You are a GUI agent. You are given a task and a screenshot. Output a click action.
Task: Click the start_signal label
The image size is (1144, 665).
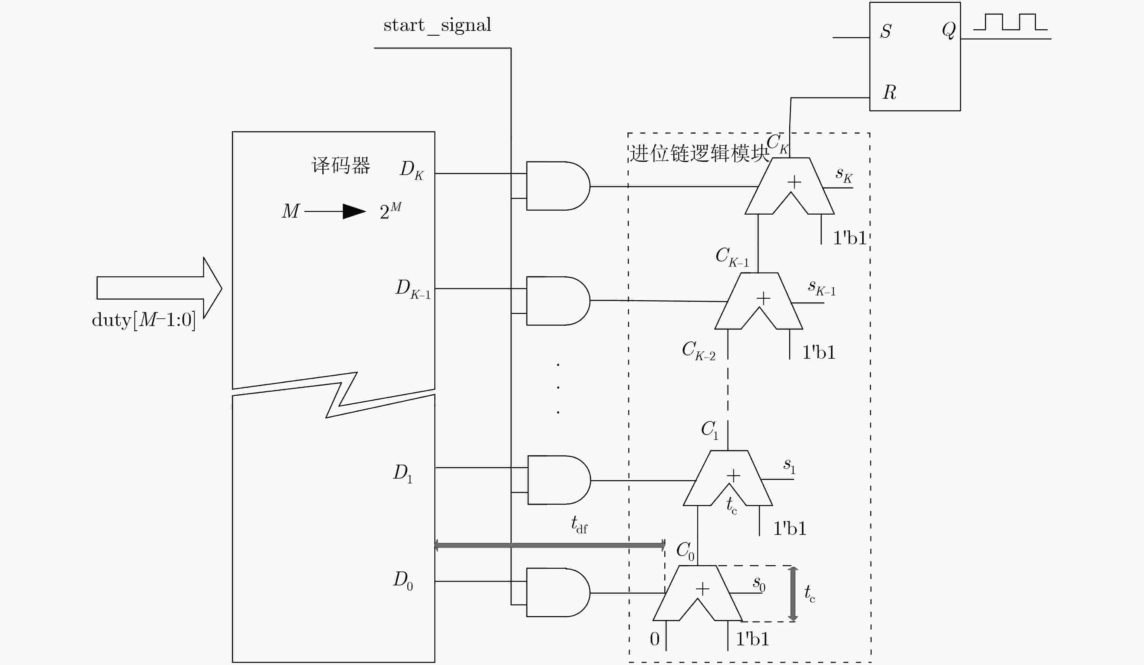(437, 26)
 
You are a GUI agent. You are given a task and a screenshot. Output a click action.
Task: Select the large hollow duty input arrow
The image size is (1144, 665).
(159, 288)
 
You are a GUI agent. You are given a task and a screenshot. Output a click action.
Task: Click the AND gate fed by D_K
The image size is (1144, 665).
(558, 186)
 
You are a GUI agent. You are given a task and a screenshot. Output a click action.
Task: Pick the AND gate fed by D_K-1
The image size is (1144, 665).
(558, 301)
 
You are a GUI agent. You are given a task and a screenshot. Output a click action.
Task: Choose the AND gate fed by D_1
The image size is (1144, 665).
(559, 480)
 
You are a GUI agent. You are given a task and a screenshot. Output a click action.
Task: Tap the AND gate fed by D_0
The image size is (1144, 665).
(558, 592)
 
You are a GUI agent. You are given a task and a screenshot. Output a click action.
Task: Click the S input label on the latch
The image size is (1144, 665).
(886, 31)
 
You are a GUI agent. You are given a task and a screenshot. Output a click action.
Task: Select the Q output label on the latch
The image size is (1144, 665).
(949, 30)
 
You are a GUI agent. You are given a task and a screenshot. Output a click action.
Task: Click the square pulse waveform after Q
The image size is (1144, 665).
(1011, 22)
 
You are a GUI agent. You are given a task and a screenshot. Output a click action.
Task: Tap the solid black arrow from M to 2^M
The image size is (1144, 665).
(335, 211)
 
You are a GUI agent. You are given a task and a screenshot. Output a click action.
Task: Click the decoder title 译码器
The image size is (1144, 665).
(340, 165)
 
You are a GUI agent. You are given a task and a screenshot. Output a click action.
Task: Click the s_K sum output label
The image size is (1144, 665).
(844, 175)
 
